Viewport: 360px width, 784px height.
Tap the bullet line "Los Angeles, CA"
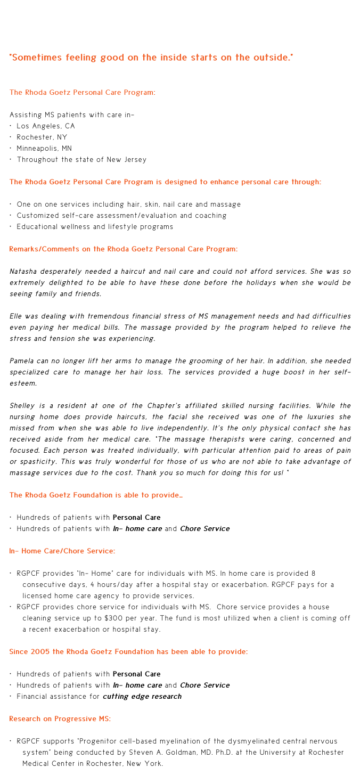pyautogui.click(x=46, y=126)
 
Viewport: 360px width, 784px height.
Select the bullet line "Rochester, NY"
pyautogui.click(x=42, y=137)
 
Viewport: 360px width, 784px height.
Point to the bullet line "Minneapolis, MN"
pyautogui.click(x=44, y=148)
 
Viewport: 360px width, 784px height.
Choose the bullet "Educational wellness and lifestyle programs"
pyautogui.click(x=95, y=227)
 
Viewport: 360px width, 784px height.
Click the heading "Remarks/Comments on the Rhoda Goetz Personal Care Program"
pyautogui.click(x=123, y=249)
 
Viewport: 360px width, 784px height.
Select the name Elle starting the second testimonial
pyautogui.click(x=17, y=316)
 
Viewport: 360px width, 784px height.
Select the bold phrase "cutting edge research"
pyautogui.click(x=142, y=696)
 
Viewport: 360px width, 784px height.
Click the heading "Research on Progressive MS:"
pyautogui.click(x=60, y=718)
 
